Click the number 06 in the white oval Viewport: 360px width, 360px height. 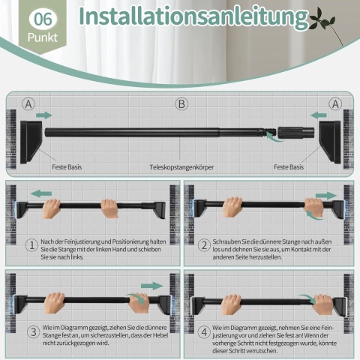click(43, 19)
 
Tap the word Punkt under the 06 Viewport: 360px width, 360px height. click(43, 37)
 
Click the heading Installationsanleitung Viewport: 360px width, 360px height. click(193, 16)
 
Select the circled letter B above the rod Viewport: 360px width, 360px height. click(181, 104)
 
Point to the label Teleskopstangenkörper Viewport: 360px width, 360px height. click(181, 167)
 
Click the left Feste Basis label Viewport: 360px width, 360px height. click(67, 166)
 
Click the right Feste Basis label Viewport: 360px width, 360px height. click(289, 166)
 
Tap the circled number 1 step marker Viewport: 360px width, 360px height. click(32, 245)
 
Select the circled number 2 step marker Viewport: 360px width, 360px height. click(204, 245)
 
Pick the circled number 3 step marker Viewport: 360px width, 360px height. click(34, 332)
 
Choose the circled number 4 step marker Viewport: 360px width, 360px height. click(204, 332)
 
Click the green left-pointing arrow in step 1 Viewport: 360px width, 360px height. click(41, 193)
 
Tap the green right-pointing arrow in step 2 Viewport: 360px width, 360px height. click(326, 196)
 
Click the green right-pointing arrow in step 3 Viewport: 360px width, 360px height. click(151, 286)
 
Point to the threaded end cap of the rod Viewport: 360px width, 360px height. click(295, 131)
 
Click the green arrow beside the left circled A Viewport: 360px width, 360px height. click(44, 115)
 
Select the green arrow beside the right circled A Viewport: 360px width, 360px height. click(319, 115)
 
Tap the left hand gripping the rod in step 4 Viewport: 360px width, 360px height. click(232, 304)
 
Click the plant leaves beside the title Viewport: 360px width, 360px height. click(322, 21)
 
